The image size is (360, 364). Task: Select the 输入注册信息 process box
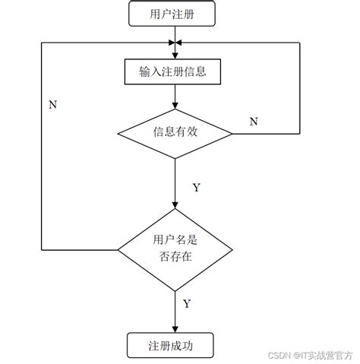pos(175,72)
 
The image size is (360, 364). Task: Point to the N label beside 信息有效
pos(254,122)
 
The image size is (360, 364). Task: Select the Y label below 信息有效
pos(196,187)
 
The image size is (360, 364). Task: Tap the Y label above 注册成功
pos(187,304)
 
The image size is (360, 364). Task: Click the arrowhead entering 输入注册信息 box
pos(175,56)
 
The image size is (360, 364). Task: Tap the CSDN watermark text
pos(283,354)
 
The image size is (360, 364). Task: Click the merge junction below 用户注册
pos(175,42)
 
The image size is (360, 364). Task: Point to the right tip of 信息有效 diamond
pos(232,134)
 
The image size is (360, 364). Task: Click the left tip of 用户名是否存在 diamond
pos(118,248)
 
